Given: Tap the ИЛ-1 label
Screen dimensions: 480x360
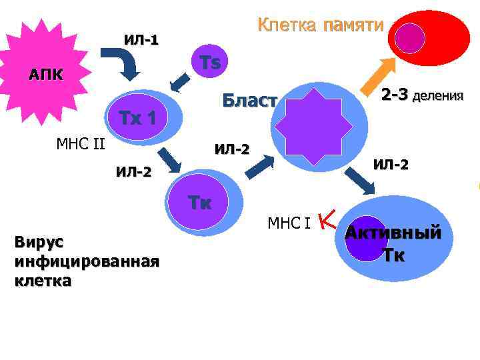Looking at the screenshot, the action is tap(141, 39).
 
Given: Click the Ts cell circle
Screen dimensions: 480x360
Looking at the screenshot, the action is tap(209, 63).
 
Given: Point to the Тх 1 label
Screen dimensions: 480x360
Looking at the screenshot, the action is tap(137, 119).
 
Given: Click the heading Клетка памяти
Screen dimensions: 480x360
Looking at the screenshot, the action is tap(321, 25).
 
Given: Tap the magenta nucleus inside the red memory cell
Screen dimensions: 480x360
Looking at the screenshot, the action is tap(409, 39).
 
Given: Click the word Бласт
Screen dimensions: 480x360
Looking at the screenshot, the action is tap(249, 101).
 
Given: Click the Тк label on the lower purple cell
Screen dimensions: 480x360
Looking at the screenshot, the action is tap(199, 203).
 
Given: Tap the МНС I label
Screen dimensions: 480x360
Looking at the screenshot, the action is tap(289, 222).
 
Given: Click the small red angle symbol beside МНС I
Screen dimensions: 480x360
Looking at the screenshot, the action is tap(327, 218).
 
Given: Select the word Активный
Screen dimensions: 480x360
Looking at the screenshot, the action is tap(393, 233).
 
